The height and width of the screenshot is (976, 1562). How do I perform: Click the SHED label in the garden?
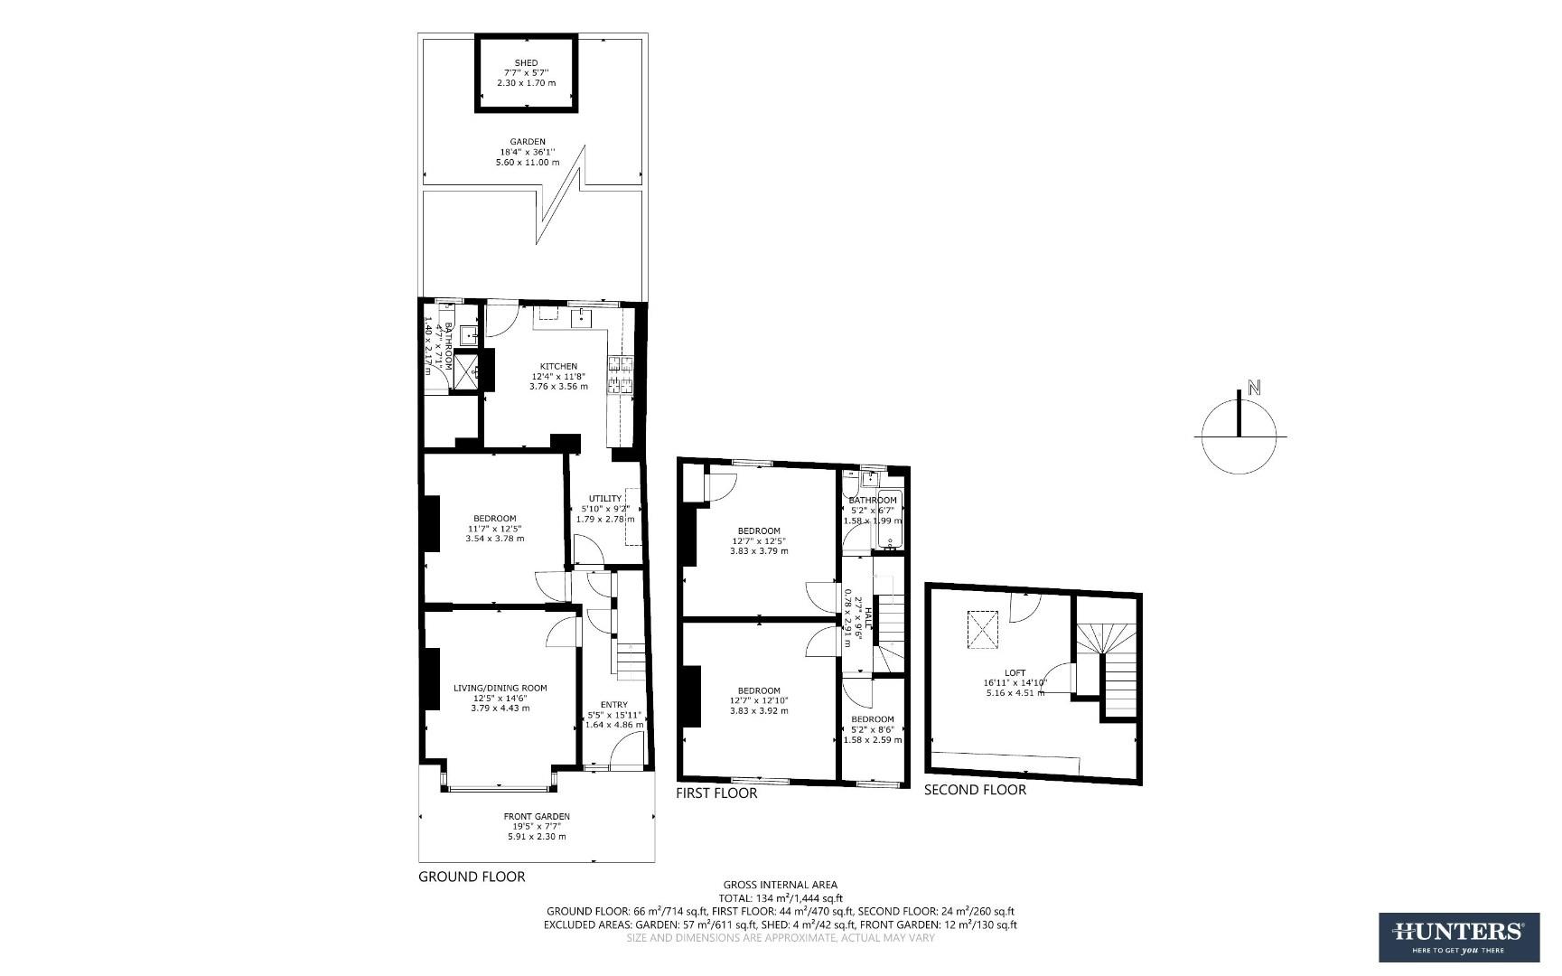[x=526, y=63]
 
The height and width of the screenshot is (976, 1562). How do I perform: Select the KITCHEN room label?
[x=558, y=367]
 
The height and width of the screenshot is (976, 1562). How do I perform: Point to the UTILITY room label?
[x=605, y=499]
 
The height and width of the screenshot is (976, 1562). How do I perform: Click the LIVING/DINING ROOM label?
[x=500, y=689]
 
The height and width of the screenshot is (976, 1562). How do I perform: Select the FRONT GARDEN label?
[x=537, y=817]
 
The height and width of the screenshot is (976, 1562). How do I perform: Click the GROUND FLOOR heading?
[x=472, y=877]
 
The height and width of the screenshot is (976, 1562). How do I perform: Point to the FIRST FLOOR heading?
[x=716, y=793]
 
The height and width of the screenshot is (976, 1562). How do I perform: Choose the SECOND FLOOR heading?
[x=975, y=790]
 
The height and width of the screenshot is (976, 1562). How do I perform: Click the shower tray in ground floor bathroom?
[x=467, y=370]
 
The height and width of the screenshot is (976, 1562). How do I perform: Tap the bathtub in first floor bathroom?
[x=888, y=520]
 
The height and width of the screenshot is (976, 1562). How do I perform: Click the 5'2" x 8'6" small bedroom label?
[x=872, y=730]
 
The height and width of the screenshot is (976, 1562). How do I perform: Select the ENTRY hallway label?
[x=613, y=706]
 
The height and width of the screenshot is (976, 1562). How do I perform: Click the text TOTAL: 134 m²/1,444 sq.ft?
[x=781, y=898]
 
